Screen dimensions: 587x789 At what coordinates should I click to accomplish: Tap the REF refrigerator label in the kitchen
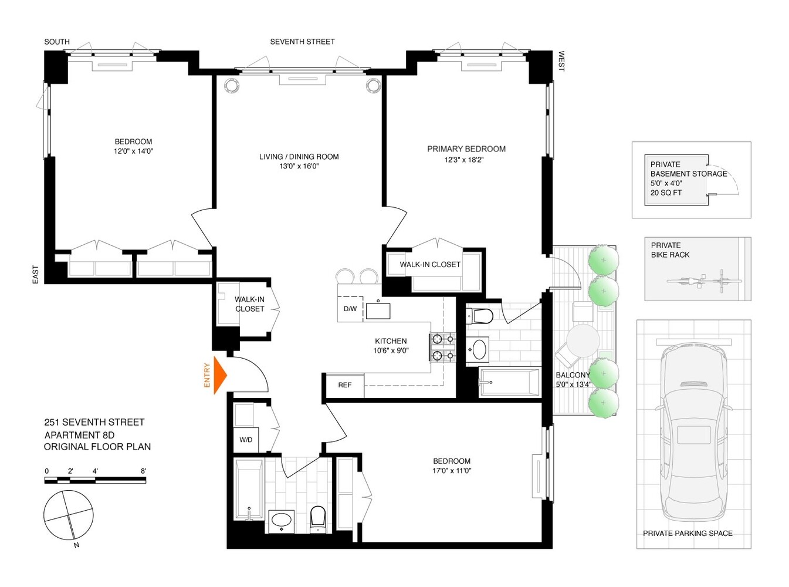click(x=345, y=385)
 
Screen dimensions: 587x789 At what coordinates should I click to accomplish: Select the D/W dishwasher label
click(x=350, y=309)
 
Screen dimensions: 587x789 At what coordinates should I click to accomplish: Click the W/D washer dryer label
click(x=246, y=440)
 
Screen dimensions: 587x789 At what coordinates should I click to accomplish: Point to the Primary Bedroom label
click(x=466, y=149)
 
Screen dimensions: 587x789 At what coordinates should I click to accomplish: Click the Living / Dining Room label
click(x=299, y=157)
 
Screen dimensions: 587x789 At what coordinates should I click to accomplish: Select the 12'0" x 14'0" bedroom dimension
click(x=134, y=151)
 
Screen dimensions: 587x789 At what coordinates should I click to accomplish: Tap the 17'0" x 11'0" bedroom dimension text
click(x=452, y=471)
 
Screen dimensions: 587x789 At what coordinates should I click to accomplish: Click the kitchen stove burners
click(x=443, y=346)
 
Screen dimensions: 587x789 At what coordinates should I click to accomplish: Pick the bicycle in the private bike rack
click(x=704, y=281)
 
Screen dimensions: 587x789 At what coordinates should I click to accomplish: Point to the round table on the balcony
click(x=583, y=340)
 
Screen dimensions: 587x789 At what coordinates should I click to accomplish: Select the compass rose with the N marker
click(x=69, y=515)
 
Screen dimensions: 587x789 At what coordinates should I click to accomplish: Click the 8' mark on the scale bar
click(x=143, y=471)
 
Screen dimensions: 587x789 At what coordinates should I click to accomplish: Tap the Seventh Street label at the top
click(x=302, y=42)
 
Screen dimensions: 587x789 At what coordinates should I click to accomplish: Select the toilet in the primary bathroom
click(x=481, y=316)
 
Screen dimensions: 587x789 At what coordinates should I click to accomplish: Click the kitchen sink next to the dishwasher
click(x=378, y=310)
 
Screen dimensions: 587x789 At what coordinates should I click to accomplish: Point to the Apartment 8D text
click(x=79, y=435)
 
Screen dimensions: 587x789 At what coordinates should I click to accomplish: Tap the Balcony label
click(x=573, y=375)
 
